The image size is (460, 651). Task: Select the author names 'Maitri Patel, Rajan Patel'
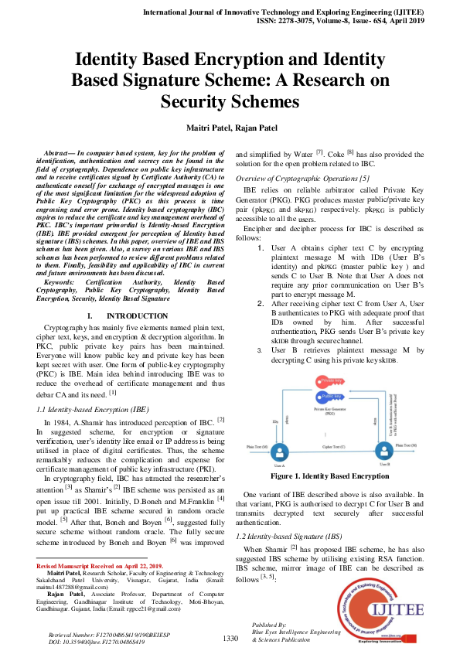tap(230, 127)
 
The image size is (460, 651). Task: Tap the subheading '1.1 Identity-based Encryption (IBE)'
tap(93, 407)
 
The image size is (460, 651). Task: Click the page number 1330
tap(230, 638)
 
